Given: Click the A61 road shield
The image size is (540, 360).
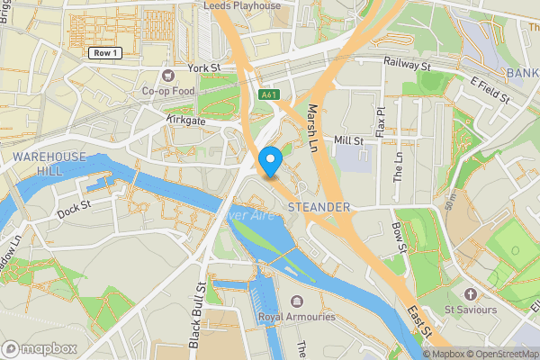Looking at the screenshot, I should click(268, 94).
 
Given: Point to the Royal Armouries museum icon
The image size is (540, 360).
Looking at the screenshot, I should click(297, 301).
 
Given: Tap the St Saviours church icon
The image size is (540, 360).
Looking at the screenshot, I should click(471, 293).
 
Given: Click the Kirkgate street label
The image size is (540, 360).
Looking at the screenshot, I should click(186, 119).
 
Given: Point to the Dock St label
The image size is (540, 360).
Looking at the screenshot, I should click(75, 211).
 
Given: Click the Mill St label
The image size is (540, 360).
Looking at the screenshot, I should click(348, 140).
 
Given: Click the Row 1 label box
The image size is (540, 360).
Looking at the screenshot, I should click(106, 53).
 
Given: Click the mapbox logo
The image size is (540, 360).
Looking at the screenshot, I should click(40, 348).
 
